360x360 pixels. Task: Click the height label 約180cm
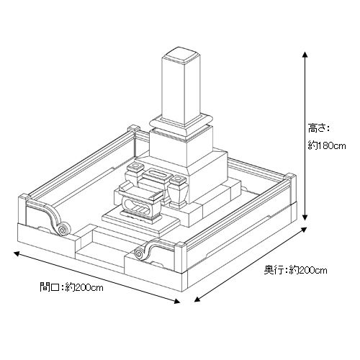point(327,145)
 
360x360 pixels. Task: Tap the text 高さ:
point(318,128)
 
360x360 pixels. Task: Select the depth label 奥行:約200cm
point(295,270)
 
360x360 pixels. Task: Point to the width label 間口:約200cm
point(71,287)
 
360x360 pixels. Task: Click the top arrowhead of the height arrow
point(305,54)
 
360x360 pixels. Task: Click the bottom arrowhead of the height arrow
point(305,217)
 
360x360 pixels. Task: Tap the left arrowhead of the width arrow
point(17,253)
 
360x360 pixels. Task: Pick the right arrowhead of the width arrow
point(177,302)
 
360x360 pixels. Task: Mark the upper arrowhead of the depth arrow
point(304,230)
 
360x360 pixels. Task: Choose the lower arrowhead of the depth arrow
point(197,300)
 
